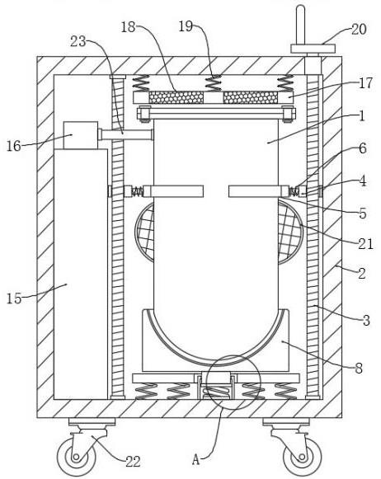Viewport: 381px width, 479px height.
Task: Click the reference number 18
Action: (128, 27)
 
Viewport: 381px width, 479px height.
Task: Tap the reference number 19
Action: (186, 26)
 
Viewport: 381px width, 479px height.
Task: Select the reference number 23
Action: (78, 41)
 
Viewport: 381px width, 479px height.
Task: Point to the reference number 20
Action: (359, 30)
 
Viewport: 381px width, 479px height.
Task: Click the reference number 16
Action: (14, 146)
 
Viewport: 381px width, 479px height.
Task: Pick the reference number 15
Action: (14, 298)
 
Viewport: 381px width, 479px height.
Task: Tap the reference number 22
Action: (133, 462)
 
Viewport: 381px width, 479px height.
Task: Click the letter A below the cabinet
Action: (195, 459)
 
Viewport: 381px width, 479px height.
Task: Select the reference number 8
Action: (359, 368)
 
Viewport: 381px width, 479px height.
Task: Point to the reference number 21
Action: (365, 244)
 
